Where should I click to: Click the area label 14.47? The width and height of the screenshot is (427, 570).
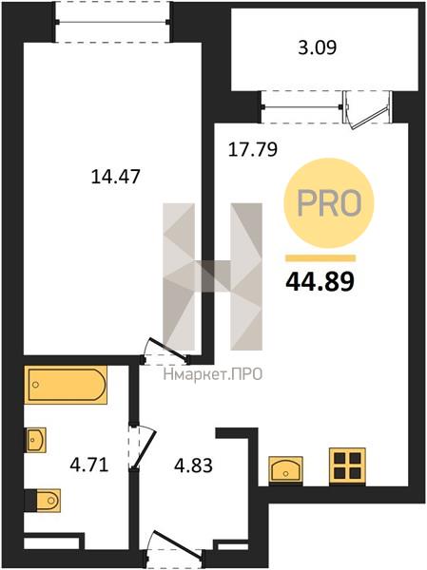click(x=115, y=177)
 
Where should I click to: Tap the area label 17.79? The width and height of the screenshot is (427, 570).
click(x=253, y=149)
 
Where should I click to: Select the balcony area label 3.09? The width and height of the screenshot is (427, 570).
click(x=317, y=47)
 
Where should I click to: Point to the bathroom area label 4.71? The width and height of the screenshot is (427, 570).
click(x=89, y=465)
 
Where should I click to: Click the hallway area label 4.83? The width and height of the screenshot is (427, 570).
click(x=193, y=465)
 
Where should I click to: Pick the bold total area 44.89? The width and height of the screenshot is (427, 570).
click(x=320, y=282)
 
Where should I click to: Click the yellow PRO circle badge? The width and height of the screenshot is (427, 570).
click(x=329, y=203)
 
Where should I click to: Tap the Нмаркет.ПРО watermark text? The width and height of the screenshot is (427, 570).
click(x=213, y=374)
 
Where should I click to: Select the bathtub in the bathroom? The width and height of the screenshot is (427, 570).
click(x=66, y=385)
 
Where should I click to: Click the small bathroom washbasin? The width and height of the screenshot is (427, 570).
click(x=35, y=440)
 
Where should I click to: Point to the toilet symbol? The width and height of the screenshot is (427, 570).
click(x=43, y=501)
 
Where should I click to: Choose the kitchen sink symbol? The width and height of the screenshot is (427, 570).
click(x=285, y=469)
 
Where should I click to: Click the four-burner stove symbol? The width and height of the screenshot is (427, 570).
click(x=347, y=465)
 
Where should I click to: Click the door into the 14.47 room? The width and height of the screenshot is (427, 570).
click(x=167, y=350)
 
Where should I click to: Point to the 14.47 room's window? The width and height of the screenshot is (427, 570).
click(x=112, y=22)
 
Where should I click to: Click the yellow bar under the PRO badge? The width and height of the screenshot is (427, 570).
click(x=320, y=258)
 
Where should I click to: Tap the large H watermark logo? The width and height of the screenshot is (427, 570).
click(x=213, y=276)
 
